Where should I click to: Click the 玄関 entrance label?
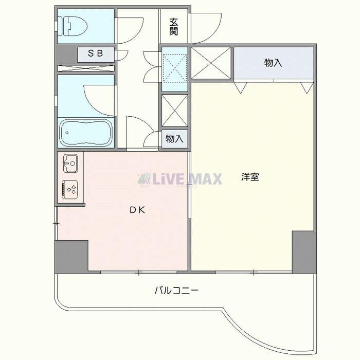click(174, 27)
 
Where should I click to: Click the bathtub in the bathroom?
click(85, 133)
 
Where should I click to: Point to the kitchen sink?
click(70, 164)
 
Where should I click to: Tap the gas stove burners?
click(70, 189)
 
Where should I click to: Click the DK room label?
click(136, 209)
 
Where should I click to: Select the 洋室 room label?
click(250, 177)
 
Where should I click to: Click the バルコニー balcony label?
click(176, 291)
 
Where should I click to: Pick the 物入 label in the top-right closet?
click(273, 63)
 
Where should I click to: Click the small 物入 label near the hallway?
click(174, 139)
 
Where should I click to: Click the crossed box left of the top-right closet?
click(212, 63)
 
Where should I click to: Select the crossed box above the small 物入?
click(175, 110)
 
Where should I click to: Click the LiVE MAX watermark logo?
click(179, 178)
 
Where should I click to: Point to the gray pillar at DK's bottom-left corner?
click(71, 257)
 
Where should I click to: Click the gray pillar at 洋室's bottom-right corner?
click(303, 251)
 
